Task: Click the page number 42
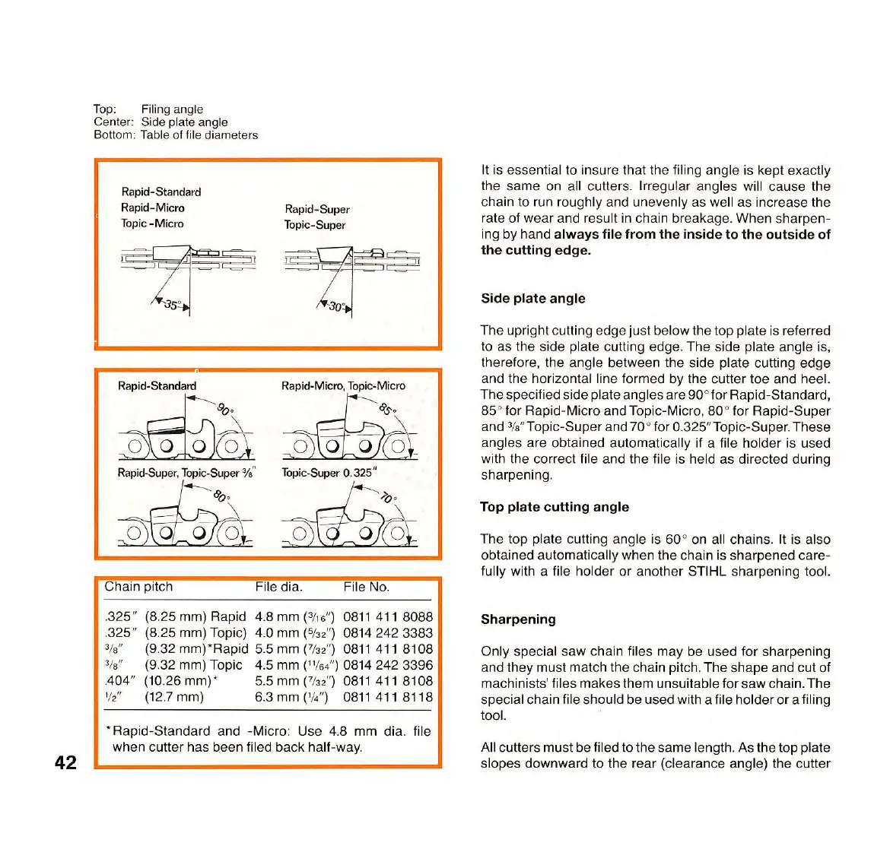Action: [65, 762]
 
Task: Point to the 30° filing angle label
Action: [335, 306]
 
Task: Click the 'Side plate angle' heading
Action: [532, 299]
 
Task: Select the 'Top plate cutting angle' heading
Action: [554, 507]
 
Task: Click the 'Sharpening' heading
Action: [517, 619]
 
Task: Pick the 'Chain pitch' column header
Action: [138, 587]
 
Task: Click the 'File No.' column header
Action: [366, 587]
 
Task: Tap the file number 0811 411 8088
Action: [387, 617]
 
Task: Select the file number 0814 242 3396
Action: [387, 665]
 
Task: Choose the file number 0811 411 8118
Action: [387, 697]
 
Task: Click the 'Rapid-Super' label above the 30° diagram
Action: [316, 209]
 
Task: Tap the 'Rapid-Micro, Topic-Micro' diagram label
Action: [343, 386]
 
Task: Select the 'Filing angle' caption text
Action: [172, 109]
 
